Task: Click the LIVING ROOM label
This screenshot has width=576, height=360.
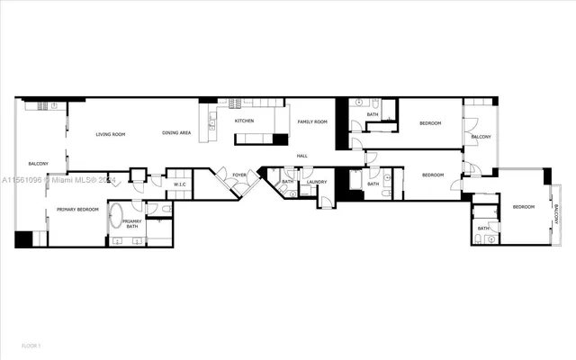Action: click(x=111, y=134)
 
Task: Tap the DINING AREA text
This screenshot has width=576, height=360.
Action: click(x=176, y=133)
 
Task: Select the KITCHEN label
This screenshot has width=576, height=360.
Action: click(x=244, y=121)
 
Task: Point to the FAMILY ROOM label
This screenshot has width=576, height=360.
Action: click(x=312, y=121)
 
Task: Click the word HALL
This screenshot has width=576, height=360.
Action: click(x=302, y=157)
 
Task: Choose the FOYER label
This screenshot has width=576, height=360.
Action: click(x=239, y=175)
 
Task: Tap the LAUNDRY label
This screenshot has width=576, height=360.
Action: click(x=316, y=182)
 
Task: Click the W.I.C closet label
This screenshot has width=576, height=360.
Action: click(x=179, y=185)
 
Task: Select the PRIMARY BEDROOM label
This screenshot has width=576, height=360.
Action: click(x=77, y=210)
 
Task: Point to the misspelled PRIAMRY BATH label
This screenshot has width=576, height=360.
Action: click(x=132, y=223)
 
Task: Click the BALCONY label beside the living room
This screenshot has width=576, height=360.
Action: click(x=38, y=163)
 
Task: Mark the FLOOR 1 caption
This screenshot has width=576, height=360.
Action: click(x=31, y=346)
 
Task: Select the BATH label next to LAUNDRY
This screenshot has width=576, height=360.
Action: click(x=287, y=182)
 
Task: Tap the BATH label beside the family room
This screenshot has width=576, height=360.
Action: click(x=372, y=114)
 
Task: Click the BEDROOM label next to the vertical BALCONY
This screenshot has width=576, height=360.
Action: click(x=524, y=207)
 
